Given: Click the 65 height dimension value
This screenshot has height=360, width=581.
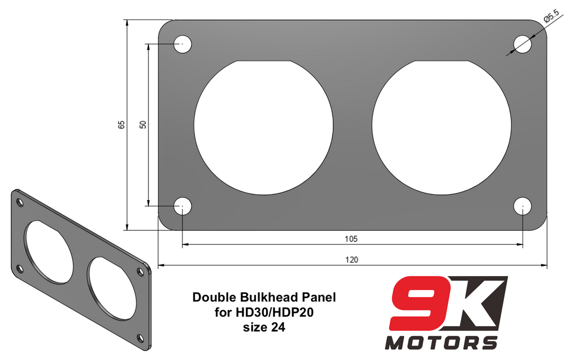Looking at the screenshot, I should [122, 124].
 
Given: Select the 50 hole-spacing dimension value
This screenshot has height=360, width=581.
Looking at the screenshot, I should [143, 124].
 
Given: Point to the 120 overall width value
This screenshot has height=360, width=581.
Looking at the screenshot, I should [351, 259].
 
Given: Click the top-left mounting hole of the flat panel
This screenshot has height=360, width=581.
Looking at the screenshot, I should [182, 44].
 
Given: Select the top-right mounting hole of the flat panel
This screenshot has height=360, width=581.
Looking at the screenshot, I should [523, 44].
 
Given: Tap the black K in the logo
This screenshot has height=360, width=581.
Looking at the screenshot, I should [476, 302].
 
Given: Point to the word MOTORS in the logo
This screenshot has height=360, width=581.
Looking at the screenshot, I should [441, 342].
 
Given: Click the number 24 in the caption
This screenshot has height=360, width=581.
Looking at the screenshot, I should [276, 326].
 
